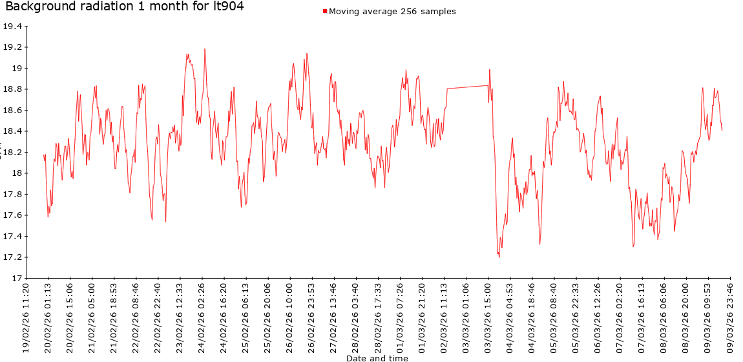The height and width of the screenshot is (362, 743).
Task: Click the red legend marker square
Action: point(325,12)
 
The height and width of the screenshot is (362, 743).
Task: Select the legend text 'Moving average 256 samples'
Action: point(392,12)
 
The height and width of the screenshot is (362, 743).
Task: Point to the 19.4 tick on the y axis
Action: point(12,27)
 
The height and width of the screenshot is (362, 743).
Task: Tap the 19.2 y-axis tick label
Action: point(12,47)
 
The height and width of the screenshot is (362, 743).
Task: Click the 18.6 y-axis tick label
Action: point(12,111)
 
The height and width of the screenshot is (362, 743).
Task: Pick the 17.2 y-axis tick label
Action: point(12,257)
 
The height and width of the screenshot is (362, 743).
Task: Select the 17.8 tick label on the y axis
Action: point(12,195)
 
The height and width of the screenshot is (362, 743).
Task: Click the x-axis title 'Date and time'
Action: point(377,357)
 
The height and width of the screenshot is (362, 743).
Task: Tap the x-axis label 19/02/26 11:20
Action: point(26,316)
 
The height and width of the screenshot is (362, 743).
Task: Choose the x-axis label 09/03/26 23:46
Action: point(729,316)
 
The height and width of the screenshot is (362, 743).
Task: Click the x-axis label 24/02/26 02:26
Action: point(202,316)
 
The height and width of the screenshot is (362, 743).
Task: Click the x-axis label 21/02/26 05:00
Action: point(92,316)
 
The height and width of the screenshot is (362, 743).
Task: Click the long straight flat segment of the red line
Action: point(467,87)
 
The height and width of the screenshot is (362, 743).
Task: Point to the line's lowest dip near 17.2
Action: point(499,257)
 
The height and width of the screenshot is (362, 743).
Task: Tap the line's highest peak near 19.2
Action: point(205,49)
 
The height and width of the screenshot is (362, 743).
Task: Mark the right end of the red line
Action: point(722,131)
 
